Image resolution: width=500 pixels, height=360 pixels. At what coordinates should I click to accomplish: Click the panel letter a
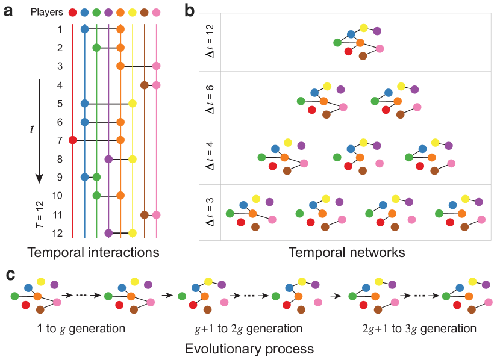tap(10, 12)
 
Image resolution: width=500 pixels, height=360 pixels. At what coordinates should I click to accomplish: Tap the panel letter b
tap(190, 10)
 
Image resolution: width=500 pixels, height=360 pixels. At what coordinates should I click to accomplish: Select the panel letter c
tap(10, 275)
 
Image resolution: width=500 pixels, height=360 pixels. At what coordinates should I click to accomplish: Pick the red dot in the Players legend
tap(72, 13)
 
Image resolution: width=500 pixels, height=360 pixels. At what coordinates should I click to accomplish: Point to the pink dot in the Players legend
tap(156, 13)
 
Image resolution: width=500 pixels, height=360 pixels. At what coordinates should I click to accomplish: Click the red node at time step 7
tap(72, 140)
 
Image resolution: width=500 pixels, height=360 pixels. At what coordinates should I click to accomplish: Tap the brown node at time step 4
tap(145, 85)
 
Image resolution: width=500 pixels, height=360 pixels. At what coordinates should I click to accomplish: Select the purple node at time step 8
tap(108, 159)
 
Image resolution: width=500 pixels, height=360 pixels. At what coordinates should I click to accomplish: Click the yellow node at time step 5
tap(133, 104)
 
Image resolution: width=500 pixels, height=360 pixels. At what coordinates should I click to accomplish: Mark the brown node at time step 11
tap(145, 214)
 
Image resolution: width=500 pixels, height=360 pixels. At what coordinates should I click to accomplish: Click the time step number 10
tap(58, 196)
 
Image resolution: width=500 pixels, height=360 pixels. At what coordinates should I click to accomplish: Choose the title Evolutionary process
tap(249, 349)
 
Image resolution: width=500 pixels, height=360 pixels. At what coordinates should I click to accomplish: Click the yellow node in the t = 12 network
tap(363, 28)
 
